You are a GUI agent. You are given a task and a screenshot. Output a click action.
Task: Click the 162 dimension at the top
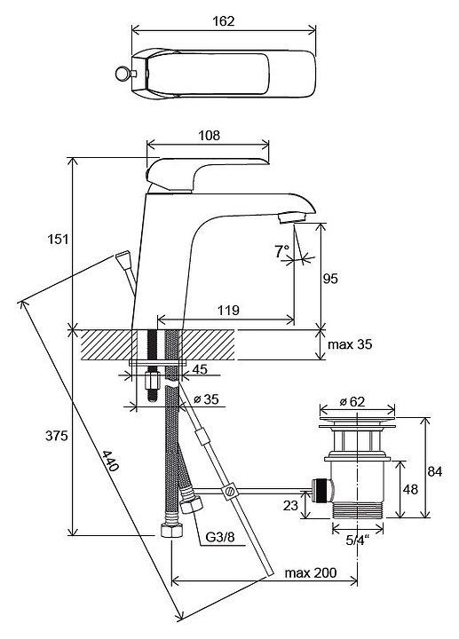click(224, 20)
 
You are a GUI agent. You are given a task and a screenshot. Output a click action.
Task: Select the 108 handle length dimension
click(209, 135)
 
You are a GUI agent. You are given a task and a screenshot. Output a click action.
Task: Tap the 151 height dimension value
click(58, 239)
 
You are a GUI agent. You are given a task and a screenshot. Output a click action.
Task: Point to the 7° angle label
click(281, 251)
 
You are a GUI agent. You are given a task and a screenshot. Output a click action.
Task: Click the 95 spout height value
click(330, 279)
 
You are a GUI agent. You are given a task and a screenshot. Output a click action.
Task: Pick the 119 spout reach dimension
click(228, 311)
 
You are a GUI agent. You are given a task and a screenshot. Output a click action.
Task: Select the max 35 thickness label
click(350, 344)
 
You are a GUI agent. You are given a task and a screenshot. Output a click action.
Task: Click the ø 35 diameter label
click(206, 399)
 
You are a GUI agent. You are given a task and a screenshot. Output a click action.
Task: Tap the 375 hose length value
click(56, 436)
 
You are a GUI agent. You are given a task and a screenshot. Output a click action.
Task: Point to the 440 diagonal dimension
click(110, 461)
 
